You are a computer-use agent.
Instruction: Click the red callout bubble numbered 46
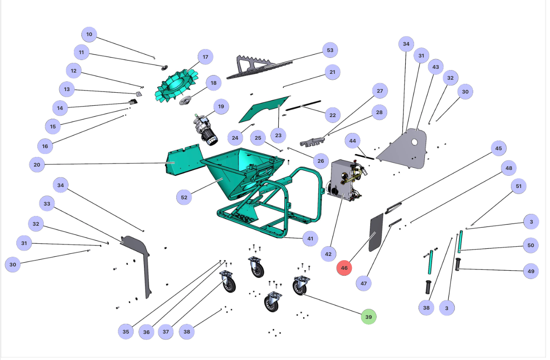point(344,268)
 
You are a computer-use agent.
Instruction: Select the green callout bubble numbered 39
point(369,317)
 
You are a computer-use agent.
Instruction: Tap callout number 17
point(205,57)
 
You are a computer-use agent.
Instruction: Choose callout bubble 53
point(330,50)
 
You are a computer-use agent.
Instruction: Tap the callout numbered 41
point(310,239)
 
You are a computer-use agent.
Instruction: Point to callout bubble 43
point(436,67)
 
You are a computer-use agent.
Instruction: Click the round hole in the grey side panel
point(415,142)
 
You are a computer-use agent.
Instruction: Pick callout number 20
point(37,164)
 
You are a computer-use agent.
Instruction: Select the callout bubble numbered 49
point(531,271)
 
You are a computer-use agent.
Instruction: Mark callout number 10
point(89,34)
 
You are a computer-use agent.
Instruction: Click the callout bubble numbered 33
point(47,204)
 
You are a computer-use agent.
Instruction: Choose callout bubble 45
point(498,148)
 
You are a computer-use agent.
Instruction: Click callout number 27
point(380,91)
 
